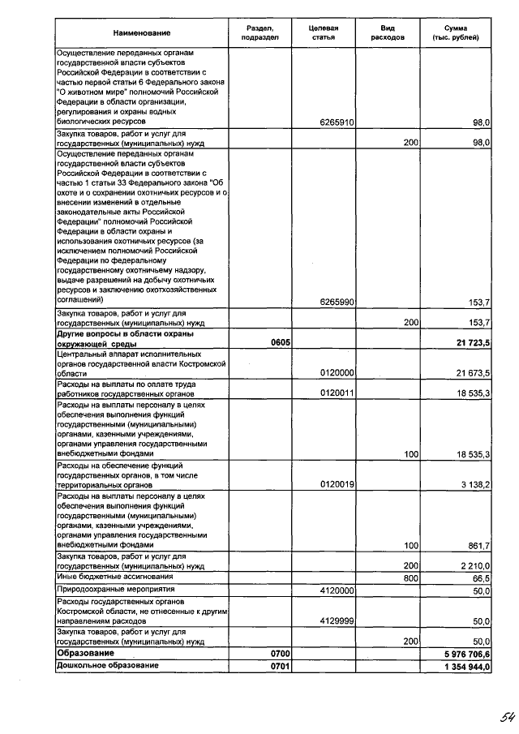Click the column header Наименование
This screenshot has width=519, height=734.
(142, 32)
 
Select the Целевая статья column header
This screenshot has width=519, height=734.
(323, 32)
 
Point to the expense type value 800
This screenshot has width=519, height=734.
(410, 578)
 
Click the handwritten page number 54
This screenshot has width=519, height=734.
(508, 716)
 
